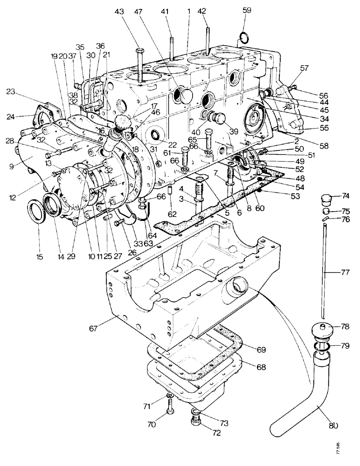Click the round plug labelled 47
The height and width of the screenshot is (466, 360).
click(185, 96)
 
